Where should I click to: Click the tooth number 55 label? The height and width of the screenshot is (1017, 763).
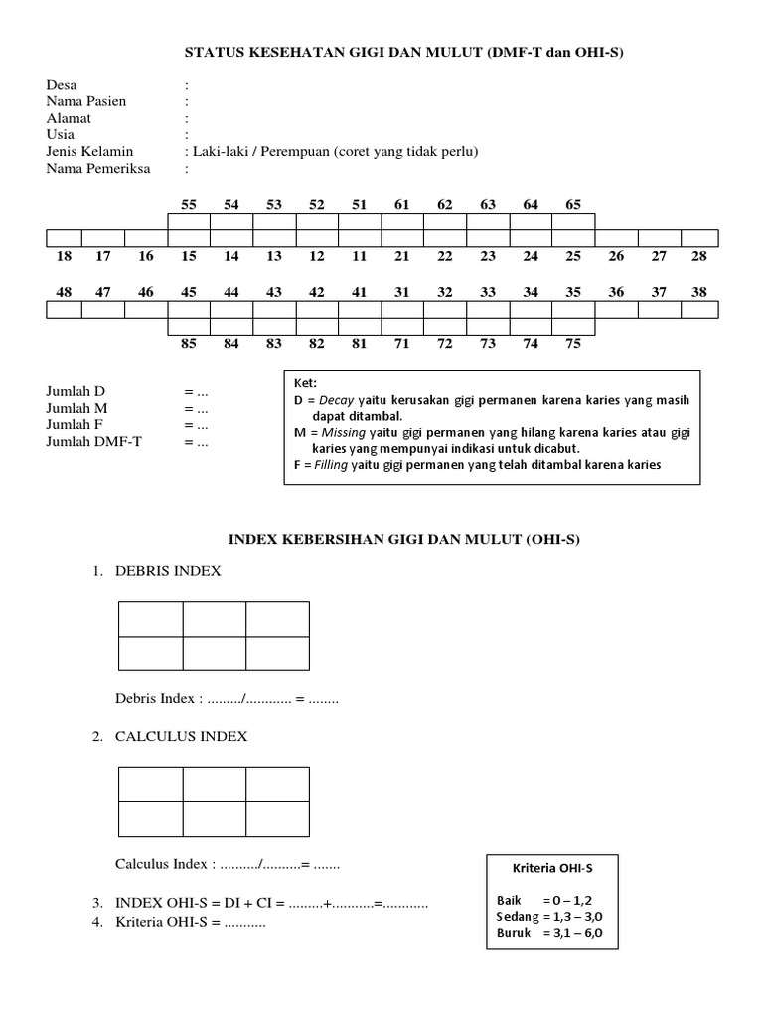(x=189, y=204)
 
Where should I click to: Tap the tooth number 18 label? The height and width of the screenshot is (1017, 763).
(x=65, y=256)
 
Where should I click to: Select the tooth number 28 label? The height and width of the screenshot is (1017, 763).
(x=699, y=256)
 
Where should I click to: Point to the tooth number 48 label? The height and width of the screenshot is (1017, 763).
(x=65, y=292)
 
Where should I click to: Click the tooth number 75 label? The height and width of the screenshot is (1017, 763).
(x=573, y=344)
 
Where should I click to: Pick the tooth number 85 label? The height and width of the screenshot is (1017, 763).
(x=189, y=344)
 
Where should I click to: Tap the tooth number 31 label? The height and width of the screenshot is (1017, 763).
(x=402, y=292)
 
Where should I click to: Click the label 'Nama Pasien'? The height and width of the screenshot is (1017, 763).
(x=86, y=101)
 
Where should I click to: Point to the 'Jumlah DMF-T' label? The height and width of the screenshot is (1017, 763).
(x=93, y=441)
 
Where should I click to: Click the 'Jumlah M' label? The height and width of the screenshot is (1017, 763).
(x=76, y=408)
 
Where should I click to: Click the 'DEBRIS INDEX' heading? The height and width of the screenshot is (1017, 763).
(x=169, y=572)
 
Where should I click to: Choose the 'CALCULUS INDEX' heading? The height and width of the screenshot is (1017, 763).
(x=182, y=737)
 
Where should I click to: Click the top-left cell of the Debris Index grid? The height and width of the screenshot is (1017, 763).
(x=151, y=619)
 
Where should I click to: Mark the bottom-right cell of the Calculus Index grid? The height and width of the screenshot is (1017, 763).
(x=277, y=818)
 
